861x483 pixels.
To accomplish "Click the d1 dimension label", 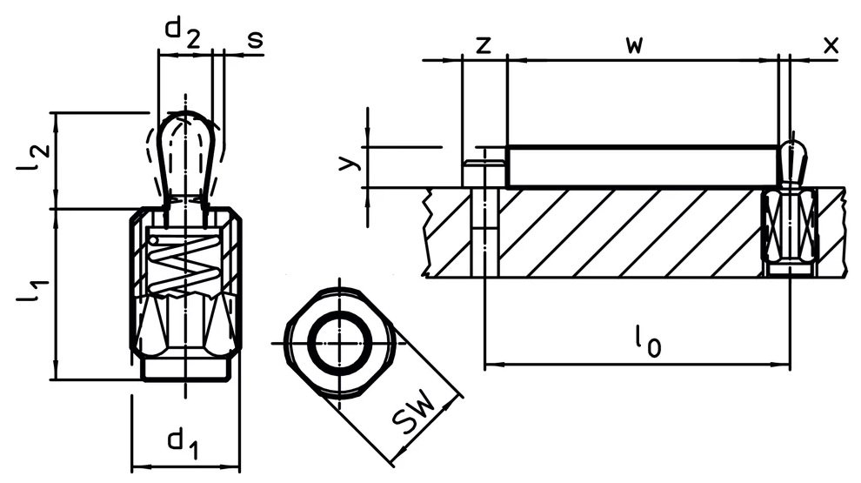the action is [x=184, y=444].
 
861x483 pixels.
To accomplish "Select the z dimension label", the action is [x=483, y=45].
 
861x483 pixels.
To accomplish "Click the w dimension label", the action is [x=634, y=45].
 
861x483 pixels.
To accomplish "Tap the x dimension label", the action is [x=831, y=45].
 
